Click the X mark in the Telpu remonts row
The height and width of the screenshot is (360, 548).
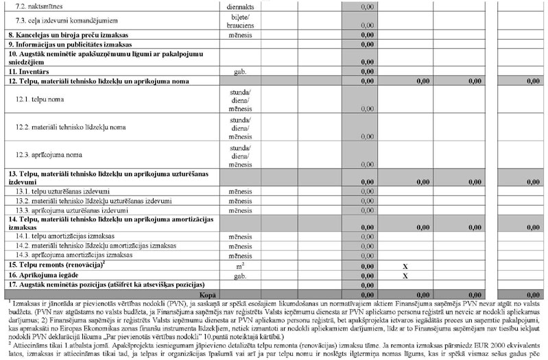[x=405, y=265]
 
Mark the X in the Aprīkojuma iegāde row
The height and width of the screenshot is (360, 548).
[x=405, y=275]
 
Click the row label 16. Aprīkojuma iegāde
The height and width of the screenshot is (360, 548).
[x=46, y=274]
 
